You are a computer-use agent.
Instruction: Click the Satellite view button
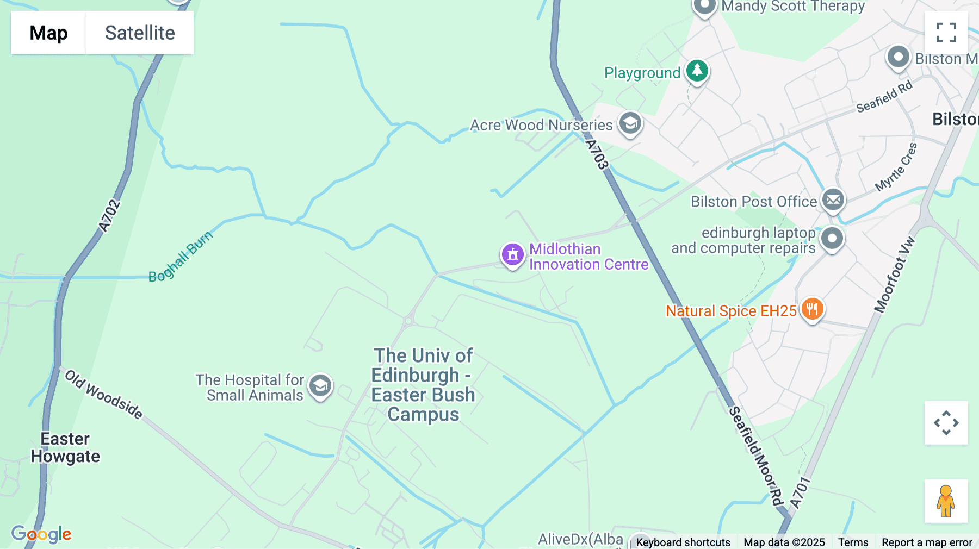pyautogui.click(x=140, y=33)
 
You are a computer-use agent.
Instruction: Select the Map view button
pyautogui.click(x=48, y=33)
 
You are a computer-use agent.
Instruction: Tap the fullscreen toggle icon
pyautogui.click(x=946, y=33)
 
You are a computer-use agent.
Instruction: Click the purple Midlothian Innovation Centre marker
pyautogui.click(x=512, y=254)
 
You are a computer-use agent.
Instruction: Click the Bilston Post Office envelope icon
pyautogui.click(x=833, y=200)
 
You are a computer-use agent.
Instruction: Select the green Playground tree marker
pyautogui.click(x=697, y=71)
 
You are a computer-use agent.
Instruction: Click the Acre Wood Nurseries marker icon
pyautogui.click(x=630, y=123)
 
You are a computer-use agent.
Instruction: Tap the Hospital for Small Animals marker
pyautogui.click(x=320, y=386)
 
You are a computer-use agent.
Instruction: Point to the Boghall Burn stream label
pyautogui.click(x=181, y=257)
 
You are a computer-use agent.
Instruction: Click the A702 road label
pyautogui.click(x=109, y=216)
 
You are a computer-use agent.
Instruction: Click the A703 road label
pyautogui.click(x=597, y=154)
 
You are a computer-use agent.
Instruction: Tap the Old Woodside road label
pyautogui.click(x=104, y=395)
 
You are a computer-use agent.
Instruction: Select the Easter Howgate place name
pyautogui.click(x=65, y=447)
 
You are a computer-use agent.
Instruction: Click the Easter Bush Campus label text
pyautogui.click(x=423, y=385)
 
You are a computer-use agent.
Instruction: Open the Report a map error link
pyautogui.click(x=926, y=542)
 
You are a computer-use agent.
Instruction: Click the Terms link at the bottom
pyautogui.click(x=853, y=542)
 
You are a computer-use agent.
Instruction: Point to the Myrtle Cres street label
pyautogui.click(x=896, y=167)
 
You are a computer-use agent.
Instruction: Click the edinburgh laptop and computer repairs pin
pyautogui.click(x=832, y=238)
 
